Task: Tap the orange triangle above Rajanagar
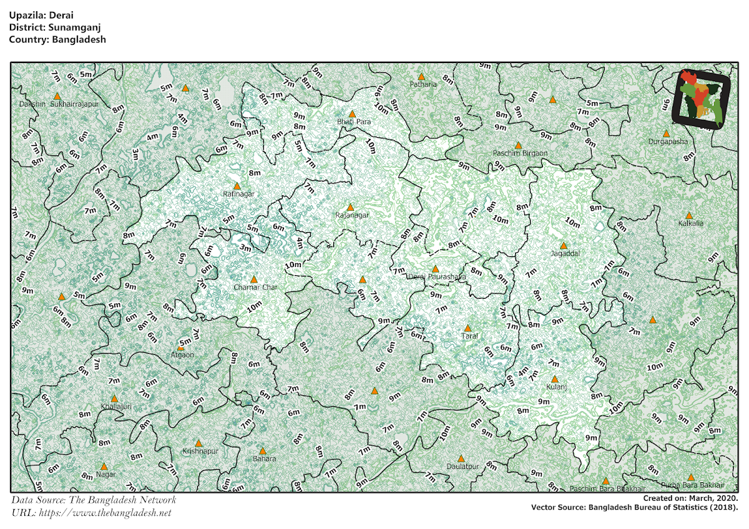coord(350,207)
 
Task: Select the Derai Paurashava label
coord(437,276)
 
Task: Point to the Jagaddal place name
coord(565,254)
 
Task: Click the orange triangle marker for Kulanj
coord(555,379)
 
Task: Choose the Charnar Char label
coord(255,287)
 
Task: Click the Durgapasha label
coord(667,142)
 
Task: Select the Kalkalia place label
coord(690,223)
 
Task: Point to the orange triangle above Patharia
coord(421,76)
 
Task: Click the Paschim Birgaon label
coord(520,153)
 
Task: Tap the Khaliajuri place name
coord(116,406)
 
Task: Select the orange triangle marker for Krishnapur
coord(198,443)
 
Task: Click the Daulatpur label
coord(463,466)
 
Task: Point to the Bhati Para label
coord(354,122)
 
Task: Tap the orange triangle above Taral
coord(467,328)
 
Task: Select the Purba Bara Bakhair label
coord(693,485)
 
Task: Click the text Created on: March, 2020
coord(690,498)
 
